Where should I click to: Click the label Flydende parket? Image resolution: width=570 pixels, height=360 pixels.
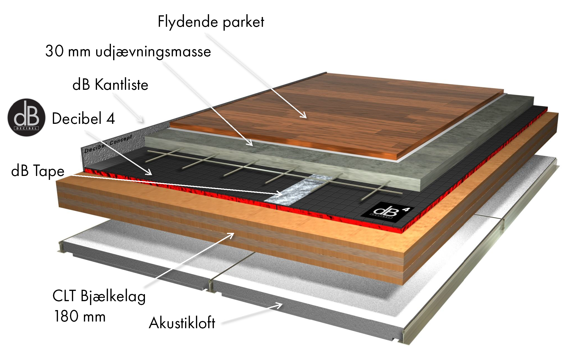[x=211, y=22]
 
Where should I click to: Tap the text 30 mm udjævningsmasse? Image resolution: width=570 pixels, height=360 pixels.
[x=128, y=51]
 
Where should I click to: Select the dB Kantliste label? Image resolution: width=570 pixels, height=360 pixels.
[x=110, y=84]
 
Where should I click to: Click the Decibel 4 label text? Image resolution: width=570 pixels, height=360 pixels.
[x=83, y=118]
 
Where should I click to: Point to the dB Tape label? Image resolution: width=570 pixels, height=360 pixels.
[x=38, y=171]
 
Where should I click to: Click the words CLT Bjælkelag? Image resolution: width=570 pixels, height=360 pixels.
[x=99, y=296]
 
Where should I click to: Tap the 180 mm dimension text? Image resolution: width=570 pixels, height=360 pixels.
[x=80, y=316]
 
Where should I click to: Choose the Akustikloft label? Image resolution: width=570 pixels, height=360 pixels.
[x=182, y=323]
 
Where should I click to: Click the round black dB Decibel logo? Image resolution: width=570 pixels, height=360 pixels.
[x=26, y=117]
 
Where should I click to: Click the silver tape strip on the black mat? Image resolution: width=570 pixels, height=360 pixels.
[x=298, y=190]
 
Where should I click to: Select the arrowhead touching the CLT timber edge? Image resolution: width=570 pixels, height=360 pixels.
[x=231, y=235]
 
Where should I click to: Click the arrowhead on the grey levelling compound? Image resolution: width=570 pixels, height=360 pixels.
[x=250, y=143]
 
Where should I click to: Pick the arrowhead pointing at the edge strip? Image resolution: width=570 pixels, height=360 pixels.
[x=141, y=120]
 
